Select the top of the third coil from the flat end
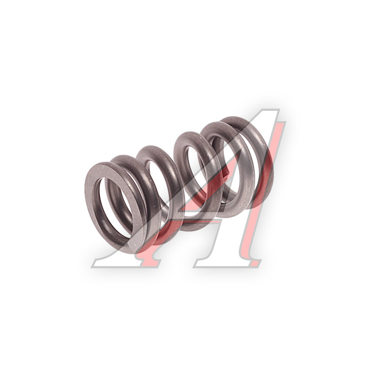point(154,147)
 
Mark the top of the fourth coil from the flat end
point(190,133)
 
